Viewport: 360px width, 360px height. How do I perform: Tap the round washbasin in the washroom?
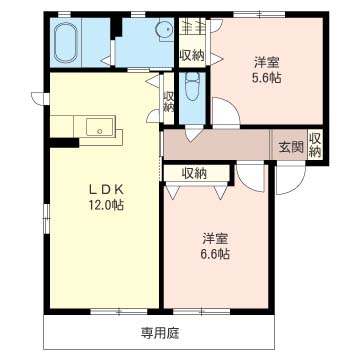pos(159,34)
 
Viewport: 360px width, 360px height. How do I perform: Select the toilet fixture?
pos(193,88)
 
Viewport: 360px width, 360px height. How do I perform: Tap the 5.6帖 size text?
pos(264,76)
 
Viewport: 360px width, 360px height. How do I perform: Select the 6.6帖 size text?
pos(215,255)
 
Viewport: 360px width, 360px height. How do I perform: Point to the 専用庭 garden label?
pos(160,329)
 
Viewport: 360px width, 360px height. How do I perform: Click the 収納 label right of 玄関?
pos(314,145)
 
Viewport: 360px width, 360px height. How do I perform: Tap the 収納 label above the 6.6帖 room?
pos(195,173)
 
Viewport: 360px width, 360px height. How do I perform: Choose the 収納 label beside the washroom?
pos(192,54)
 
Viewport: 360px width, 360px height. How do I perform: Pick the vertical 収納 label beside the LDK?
pos(169,101)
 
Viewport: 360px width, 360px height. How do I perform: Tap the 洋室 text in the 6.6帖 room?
pos(215,238)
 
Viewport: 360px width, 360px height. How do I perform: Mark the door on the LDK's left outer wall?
pos(39,97)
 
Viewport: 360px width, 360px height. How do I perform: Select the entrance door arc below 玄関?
pos(290,180)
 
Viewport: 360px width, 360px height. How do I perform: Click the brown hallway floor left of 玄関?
pos(220,144)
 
